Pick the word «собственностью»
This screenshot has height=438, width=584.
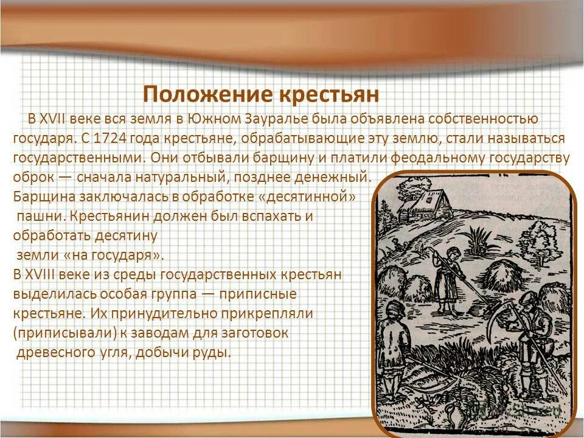[478, 118]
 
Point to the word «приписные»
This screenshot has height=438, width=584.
[257, 294]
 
